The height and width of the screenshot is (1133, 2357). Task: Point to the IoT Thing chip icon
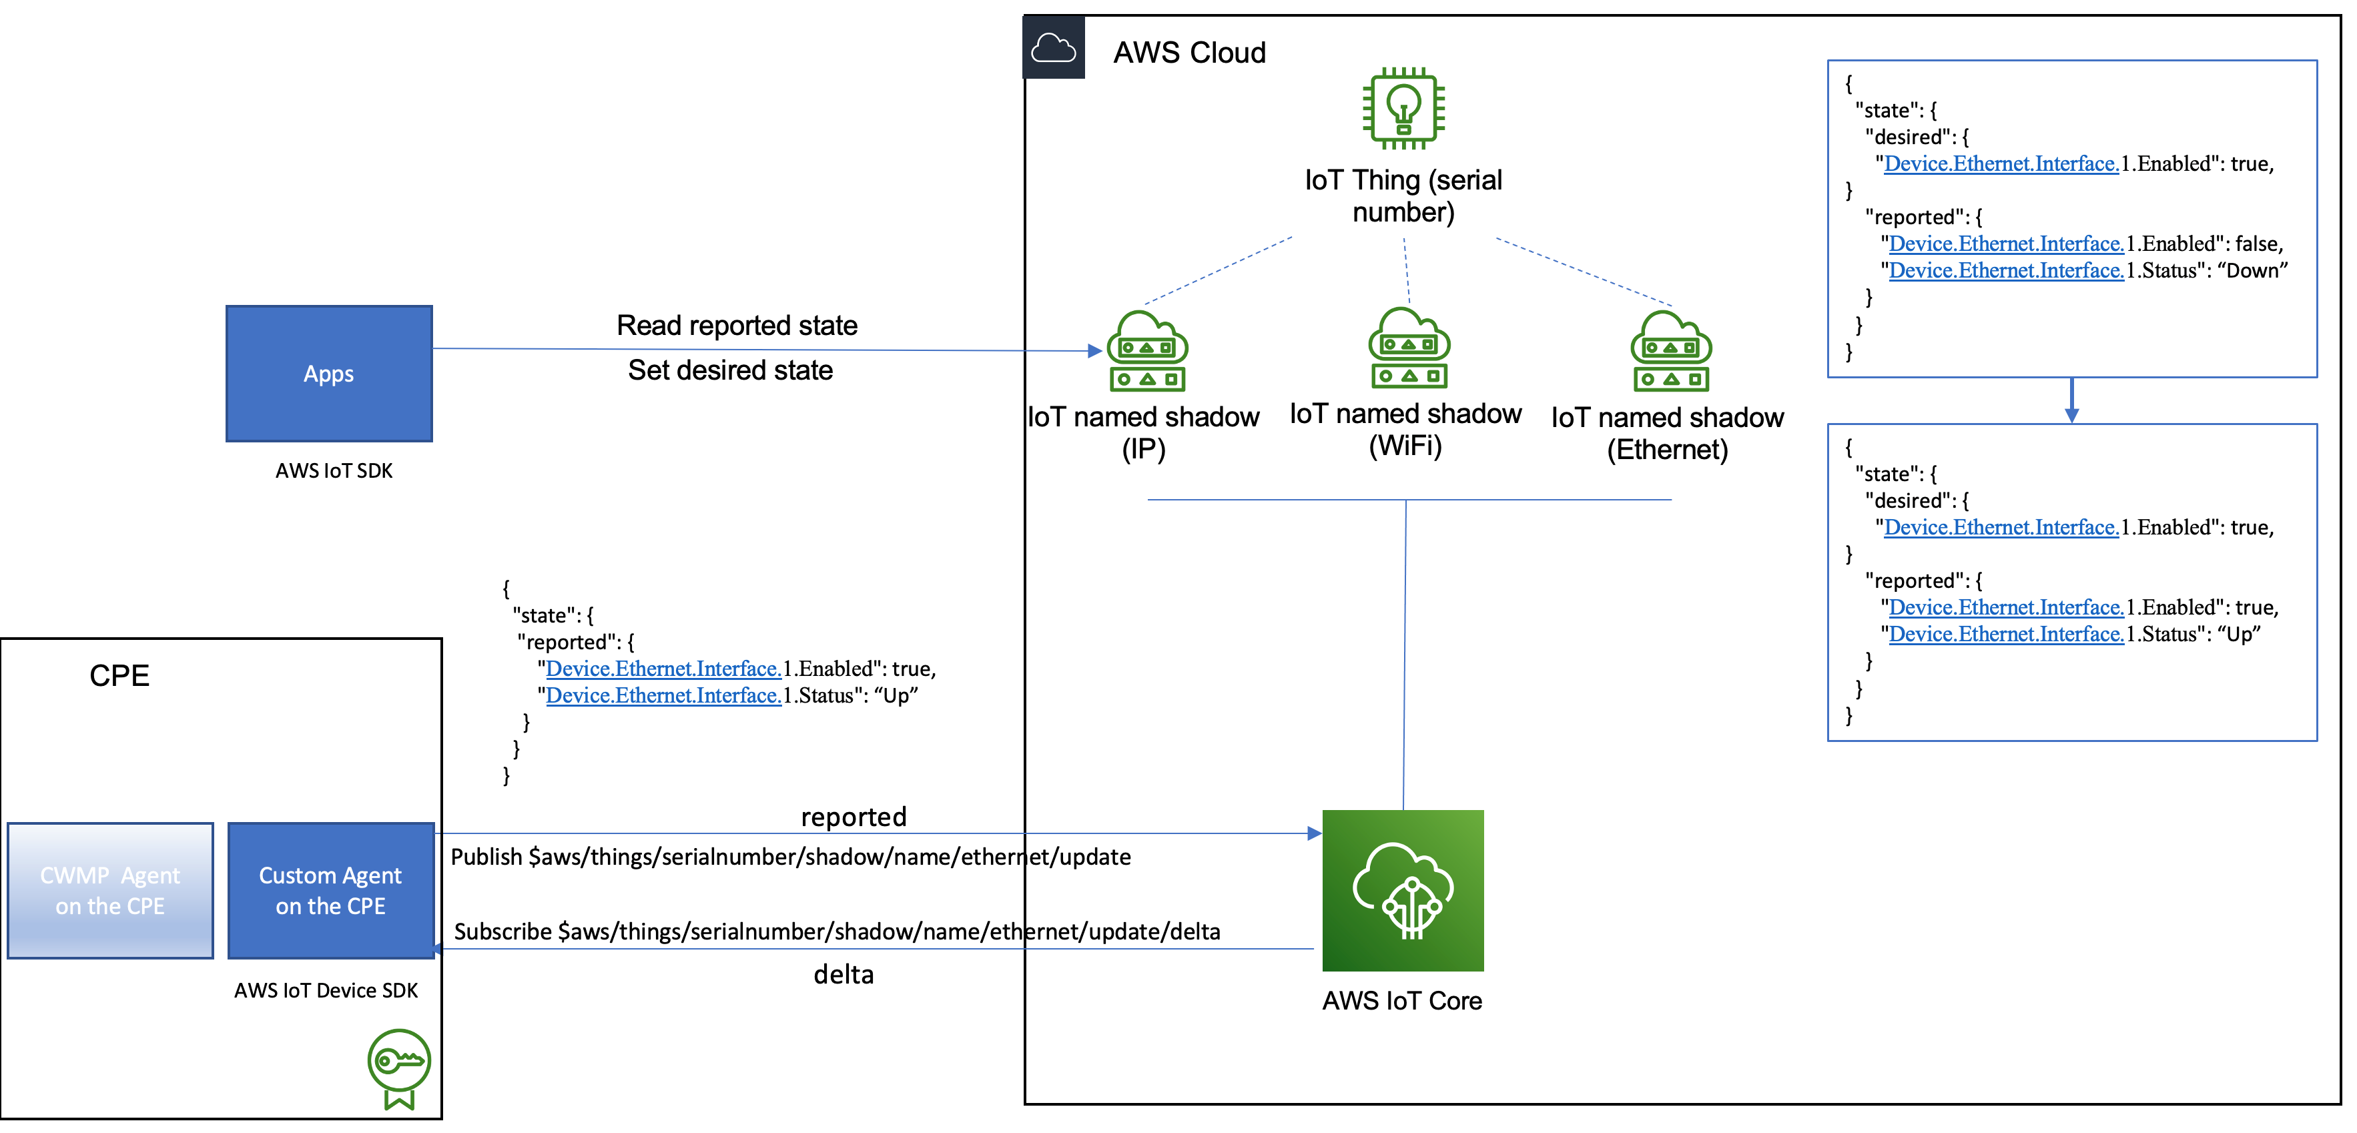(x=1403, y=108)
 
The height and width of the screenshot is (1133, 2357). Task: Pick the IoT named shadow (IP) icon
(x=1146, y=352)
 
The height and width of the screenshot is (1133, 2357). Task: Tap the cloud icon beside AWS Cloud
(x=1053, y=47)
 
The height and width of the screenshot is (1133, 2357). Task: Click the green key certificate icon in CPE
(x=399, y=1067)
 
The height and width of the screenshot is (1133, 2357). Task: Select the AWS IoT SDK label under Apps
(x=334, y=470)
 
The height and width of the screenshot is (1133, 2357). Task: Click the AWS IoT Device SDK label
(x=326, y=990)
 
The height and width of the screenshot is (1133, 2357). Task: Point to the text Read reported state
(x=737, y=325)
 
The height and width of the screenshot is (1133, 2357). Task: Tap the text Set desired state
(x=730, y=370)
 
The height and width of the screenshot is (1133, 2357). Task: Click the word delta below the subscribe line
(x=843, y=974)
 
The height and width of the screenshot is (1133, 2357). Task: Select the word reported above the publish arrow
(x=853, y=816)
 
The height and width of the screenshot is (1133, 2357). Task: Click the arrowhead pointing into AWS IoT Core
(x=1314, y=833)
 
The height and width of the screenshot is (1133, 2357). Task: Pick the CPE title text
(x=119, y=675)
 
